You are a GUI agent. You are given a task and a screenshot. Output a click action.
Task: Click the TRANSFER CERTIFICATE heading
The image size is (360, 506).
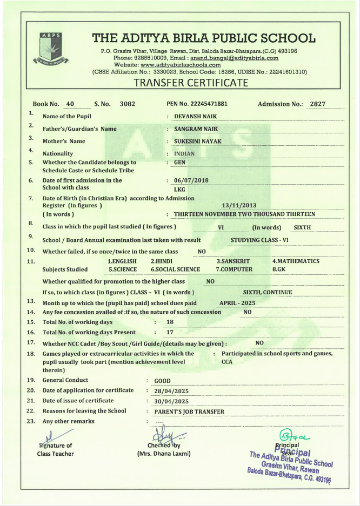(x=191, y=83)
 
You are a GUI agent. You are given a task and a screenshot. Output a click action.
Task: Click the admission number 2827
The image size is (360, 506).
(x=317, y=104)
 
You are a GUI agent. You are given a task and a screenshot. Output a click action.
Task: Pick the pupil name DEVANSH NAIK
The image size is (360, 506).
(x=195, y=116)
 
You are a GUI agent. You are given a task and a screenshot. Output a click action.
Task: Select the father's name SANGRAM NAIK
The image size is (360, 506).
(x=196, y=129)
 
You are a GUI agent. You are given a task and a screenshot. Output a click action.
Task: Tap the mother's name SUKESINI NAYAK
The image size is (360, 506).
(x=198, y=141)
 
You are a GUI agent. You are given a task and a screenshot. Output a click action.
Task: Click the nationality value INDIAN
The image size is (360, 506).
(x=184, y=153)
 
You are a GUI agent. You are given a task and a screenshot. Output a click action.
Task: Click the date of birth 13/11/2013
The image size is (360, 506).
(x=239, y=205)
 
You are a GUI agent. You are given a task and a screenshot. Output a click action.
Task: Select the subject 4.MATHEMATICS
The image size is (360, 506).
(x=296, y=261)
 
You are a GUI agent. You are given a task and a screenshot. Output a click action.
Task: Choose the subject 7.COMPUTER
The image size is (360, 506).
(x=234, y=269)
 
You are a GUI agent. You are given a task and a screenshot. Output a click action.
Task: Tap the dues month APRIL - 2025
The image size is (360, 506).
(x=237, y=303)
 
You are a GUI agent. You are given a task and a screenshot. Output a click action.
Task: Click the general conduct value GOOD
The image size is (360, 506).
(x=162, y=381)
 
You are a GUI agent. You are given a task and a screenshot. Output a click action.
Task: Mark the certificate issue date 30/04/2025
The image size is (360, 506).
(x=171, y=401)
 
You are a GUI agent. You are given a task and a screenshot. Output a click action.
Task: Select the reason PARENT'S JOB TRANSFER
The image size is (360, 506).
(x=189, y=411)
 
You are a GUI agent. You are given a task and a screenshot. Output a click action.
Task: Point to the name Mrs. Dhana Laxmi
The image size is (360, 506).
(x=164, y=454)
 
